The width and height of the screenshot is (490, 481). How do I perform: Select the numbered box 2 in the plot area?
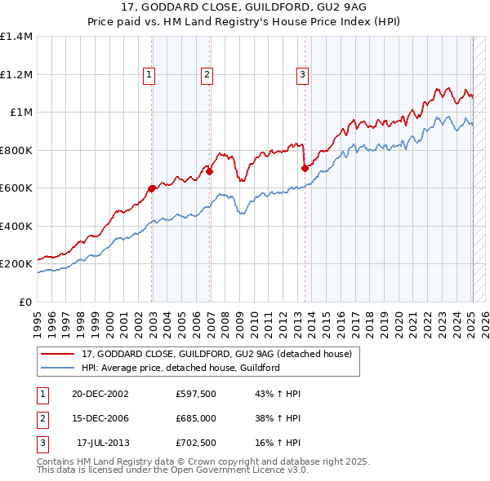[207, 75]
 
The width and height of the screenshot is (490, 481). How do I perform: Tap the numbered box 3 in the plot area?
[302, 75]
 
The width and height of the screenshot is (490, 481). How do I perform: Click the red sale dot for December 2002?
[152, 188]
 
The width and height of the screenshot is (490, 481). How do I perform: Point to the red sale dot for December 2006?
[209, 171]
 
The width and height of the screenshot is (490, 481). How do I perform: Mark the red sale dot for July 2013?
[305, 168]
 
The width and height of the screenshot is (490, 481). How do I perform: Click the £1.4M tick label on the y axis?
[16, 37]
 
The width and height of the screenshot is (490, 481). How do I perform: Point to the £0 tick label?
[26, 302]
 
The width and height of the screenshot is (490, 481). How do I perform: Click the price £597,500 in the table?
[195, 394]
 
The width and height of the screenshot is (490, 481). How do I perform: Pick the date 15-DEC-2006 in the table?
[101, 418]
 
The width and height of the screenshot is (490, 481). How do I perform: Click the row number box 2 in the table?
[41, 418]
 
